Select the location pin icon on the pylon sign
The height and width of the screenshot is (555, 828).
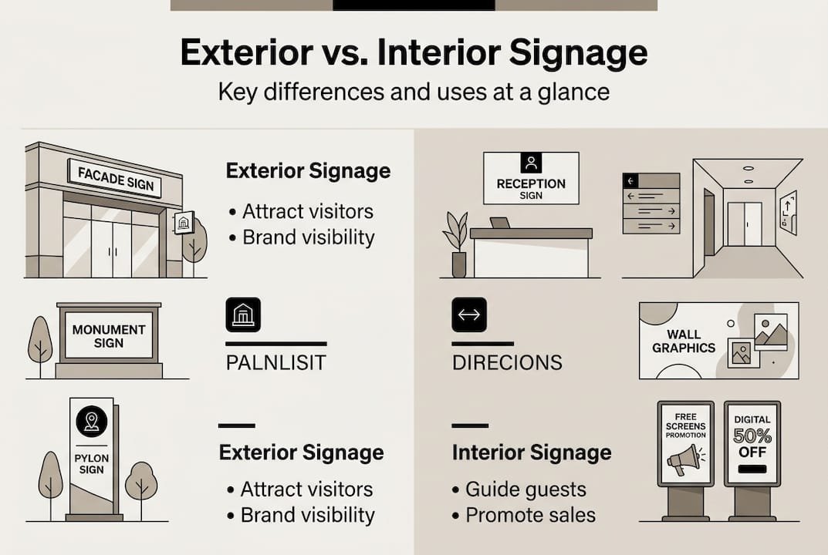click(91, 422)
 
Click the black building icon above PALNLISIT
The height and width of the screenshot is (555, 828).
click(243, 314)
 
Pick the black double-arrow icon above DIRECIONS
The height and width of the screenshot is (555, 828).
click(469, 314)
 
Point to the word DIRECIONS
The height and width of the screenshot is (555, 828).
click(507, 362)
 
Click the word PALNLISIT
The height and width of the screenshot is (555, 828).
click(277, 362)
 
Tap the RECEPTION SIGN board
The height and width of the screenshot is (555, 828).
click(531, 179)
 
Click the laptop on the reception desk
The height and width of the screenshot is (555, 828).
click(500, 223)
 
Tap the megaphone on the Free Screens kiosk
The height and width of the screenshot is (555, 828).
click(684, 459)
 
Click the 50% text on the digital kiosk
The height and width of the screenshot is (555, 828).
click(752, 436)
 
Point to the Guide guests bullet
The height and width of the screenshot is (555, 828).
click(526, 489)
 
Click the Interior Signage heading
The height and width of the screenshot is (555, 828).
click(532, 452)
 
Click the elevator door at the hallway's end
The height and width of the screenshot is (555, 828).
click(744, 224)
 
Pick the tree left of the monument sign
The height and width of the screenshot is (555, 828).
click(40, 344)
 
